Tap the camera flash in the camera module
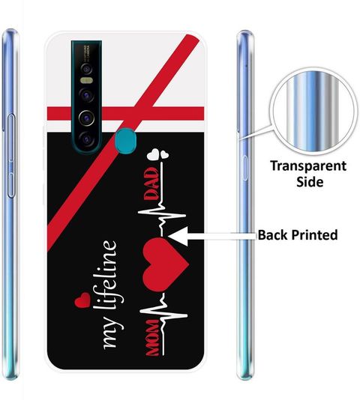[x=86, y=81]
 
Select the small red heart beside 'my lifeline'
[x=82, y=300]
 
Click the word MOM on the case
[x=153, y=338]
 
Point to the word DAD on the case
[x=151, y=184]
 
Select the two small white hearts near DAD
[x=159, y=154]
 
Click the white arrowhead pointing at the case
[x=178, y=236]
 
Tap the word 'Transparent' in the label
[x=308, y=166]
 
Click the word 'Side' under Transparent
[x=310, y=182]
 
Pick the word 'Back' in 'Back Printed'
[x=272, y=234]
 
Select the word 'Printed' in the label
[x=315, y=234]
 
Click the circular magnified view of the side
[x=313, y=112]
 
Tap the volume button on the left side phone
[x=11, y=156]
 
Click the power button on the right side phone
[x=245, y=168]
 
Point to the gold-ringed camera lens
[x=86, y=118]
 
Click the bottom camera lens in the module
[x=86, y=139]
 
